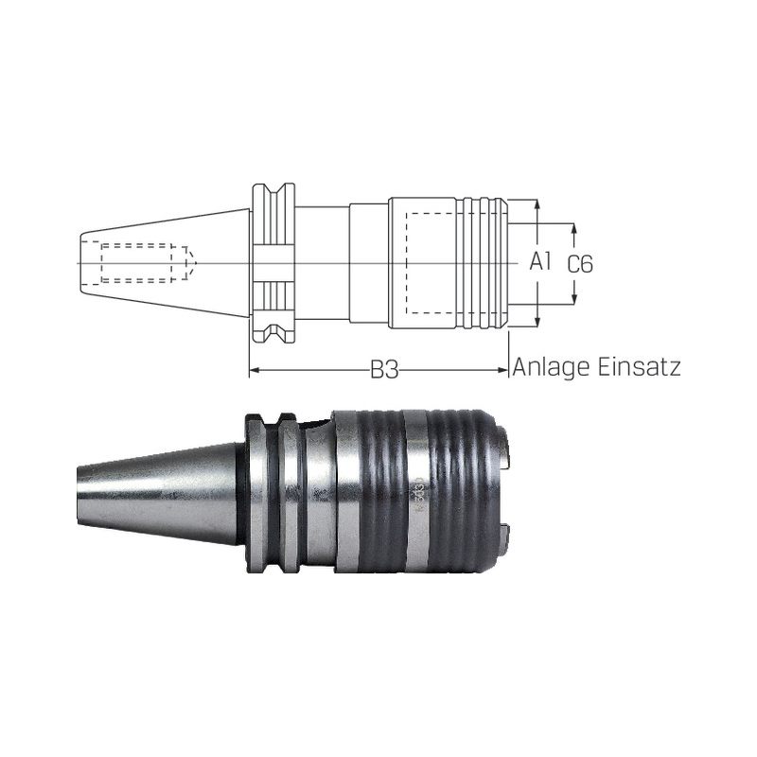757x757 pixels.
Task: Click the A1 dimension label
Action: (540, 262)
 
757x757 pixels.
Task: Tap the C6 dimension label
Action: (579, 264)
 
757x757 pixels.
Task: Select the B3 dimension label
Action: (384, 370)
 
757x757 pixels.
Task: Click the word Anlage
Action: (552, 367)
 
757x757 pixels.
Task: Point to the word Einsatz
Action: (639, 366)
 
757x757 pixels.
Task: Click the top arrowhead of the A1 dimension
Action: (537, 204)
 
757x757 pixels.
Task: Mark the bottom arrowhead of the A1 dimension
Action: (537, 322)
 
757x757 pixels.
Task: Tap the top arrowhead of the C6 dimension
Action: (574, 229)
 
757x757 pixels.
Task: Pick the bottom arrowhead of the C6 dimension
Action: (574, 299)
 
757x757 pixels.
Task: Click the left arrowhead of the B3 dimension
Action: (255, 370)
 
